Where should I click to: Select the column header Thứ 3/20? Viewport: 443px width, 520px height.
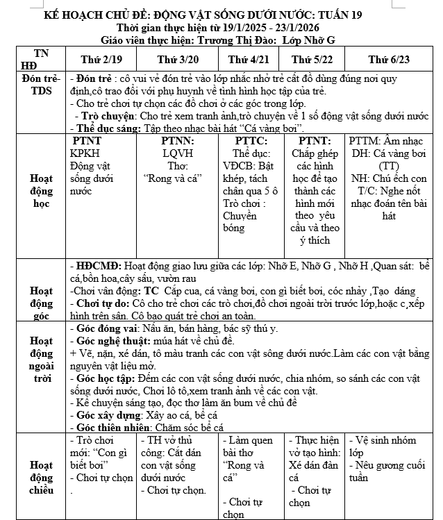pyautogui.click(x=178, y=60)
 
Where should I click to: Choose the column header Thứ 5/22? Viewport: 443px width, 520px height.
pyautogui.click(x=315, y=60)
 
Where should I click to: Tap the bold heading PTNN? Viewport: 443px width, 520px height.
pyautogui.click(x=178, y=141)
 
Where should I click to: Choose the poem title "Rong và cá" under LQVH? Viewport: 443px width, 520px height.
pyautogui.click(x=172, y=178)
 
